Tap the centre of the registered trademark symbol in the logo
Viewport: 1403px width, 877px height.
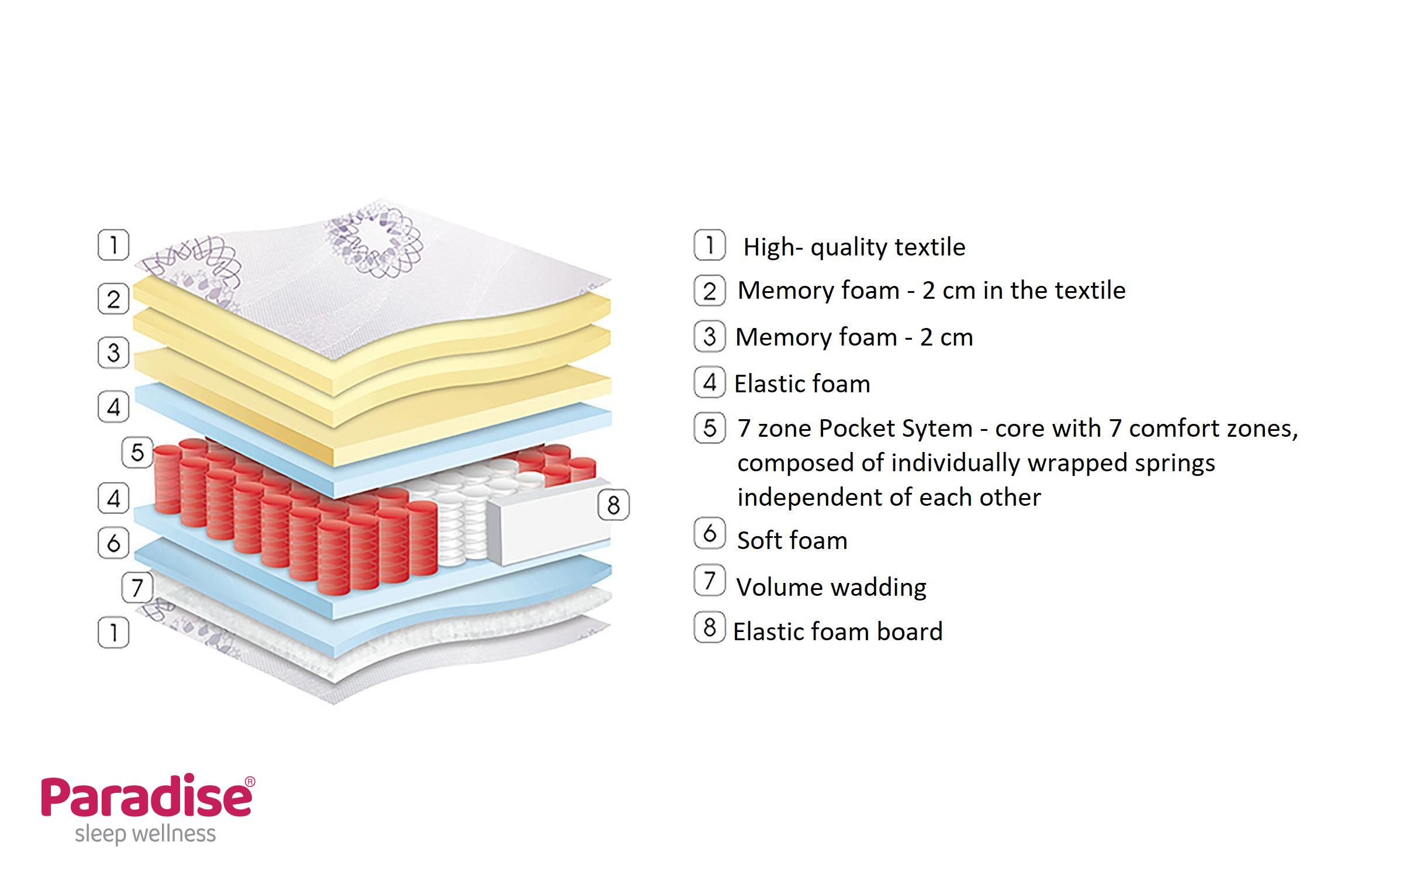250,782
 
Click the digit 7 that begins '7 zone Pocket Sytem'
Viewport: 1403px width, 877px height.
744,429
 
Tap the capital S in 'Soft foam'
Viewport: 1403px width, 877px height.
744,540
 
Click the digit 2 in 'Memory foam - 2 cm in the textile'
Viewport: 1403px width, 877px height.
929,291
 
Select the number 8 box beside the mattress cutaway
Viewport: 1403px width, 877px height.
613,505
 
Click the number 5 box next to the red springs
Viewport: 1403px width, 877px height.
137,452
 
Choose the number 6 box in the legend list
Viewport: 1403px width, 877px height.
710,533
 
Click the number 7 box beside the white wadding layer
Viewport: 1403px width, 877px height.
137,586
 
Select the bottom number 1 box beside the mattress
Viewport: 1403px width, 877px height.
113,632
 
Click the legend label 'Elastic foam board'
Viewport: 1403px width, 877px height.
838,632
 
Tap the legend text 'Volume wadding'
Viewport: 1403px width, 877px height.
831,588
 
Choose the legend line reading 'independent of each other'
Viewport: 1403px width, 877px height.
889,498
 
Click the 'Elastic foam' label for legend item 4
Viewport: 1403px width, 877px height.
802,384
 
